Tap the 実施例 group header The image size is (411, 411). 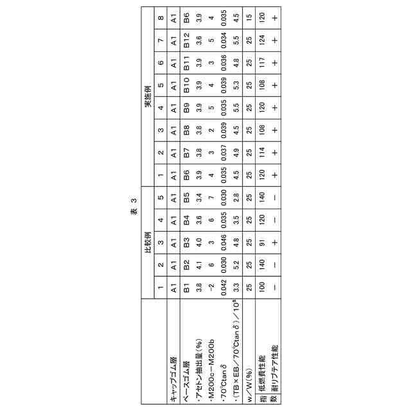coord(147,99)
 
